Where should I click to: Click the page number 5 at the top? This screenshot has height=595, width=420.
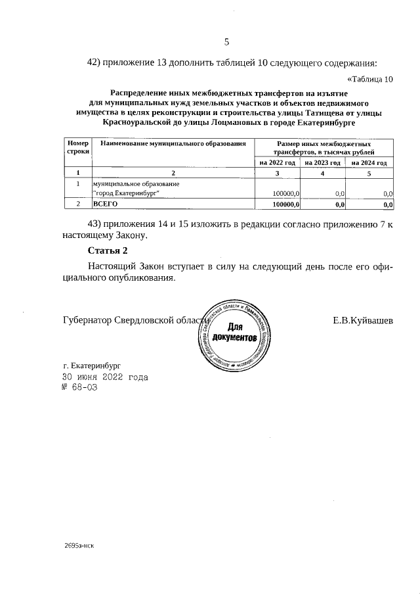click(226, 42)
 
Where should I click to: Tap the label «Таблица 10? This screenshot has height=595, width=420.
click(369, 80)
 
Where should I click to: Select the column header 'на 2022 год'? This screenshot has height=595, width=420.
click(277, 163)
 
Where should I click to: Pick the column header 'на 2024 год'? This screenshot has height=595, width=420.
click(369, 163)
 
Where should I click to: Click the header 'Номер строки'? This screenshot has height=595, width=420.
click(77, 147)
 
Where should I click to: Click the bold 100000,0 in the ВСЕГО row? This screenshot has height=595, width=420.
click(285, 204)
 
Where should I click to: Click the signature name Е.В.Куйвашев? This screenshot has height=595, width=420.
click(363, 321)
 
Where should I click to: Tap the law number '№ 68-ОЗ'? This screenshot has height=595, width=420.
click(79, 388)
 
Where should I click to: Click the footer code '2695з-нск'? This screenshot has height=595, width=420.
click(79, 546)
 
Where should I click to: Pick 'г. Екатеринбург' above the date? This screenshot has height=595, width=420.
click(93, 365)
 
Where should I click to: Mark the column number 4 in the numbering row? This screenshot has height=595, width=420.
click(323, 174)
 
